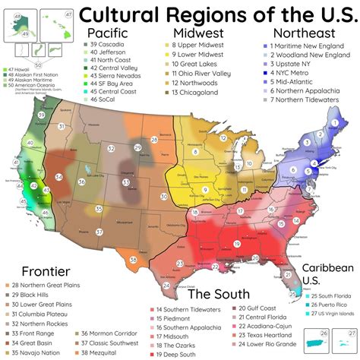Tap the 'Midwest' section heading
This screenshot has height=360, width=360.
[x=197, y=33]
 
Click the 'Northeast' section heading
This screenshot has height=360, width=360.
[x=304, y=33]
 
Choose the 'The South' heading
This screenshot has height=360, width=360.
[x=216, y=294]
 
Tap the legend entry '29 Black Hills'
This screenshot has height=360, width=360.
[x=33, y=293]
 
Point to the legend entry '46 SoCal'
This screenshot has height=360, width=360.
[x=106, y=99]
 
